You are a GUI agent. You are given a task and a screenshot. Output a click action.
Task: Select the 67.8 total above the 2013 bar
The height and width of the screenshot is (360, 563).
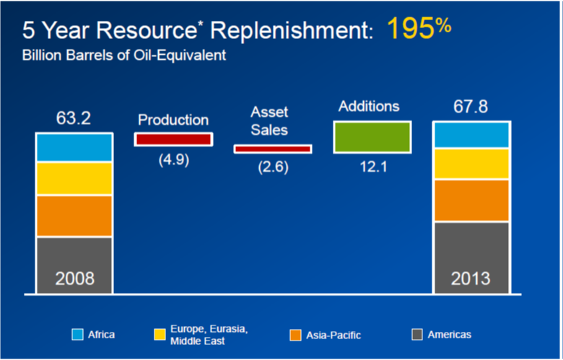[471, 107]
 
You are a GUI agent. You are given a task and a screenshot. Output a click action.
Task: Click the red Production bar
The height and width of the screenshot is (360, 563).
[173, 139]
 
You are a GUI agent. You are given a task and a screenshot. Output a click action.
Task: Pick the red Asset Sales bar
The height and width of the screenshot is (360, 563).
[272, 149]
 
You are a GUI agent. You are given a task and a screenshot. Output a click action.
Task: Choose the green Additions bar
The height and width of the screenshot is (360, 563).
[372, 137]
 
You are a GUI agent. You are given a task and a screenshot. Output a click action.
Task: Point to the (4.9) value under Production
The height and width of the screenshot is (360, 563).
[173, 159]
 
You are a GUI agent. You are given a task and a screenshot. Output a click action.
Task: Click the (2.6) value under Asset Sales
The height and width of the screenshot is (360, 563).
[273, 168]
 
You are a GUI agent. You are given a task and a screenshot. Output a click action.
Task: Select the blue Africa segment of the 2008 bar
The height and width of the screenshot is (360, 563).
[74, 147]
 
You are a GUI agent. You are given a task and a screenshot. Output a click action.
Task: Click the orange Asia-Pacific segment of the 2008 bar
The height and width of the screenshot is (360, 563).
[74, 215]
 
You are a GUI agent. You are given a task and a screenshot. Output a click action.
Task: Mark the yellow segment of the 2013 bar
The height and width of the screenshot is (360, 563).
[471, 164]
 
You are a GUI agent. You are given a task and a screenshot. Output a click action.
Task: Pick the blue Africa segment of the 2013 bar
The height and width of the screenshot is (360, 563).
[471, 135]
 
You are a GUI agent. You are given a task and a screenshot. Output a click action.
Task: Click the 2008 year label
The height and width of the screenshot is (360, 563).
[74, 278]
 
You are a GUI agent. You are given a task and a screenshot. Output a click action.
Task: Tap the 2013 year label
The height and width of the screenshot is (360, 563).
[471, 278]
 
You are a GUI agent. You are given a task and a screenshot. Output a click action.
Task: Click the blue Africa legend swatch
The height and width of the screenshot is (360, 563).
[78, 334]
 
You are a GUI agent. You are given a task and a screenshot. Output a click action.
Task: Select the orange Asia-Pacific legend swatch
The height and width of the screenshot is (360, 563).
[295, 335]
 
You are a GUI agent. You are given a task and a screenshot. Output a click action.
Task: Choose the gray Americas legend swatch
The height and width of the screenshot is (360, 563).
[416, 334]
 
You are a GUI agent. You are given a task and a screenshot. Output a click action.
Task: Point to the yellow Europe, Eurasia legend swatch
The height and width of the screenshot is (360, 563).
[160, 334]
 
